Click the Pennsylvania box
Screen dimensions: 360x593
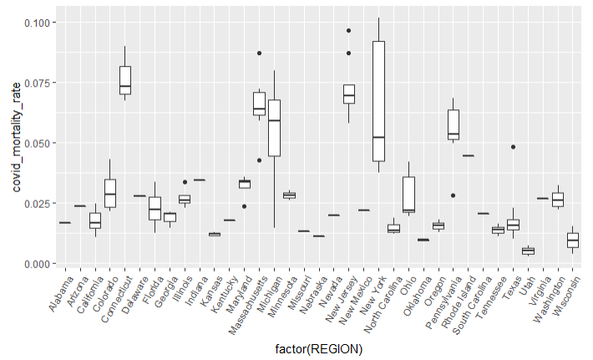coord(453,124)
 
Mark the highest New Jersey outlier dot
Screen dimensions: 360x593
coord(348,31)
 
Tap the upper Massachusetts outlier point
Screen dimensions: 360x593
coord(259,53)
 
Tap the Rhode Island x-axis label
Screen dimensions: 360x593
coord(459,303)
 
